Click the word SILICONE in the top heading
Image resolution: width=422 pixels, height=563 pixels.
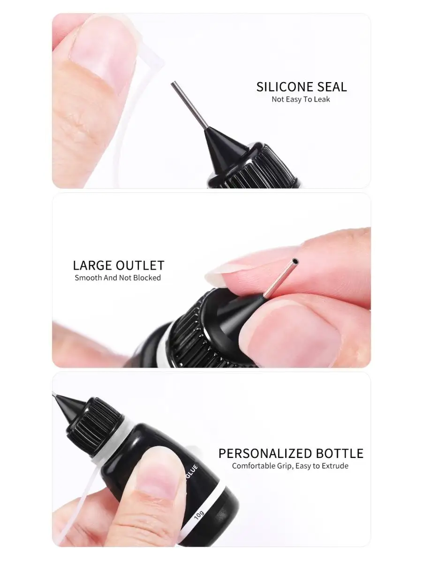click(x=285, y=87)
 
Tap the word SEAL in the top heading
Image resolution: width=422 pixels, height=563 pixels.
click(x=332, y=87)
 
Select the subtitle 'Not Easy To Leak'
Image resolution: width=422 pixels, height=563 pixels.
click(x=301, y=99)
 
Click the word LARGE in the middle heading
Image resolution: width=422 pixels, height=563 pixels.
click(x=92, y=265)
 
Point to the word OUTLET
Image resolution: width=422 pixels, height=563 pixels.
click(x=140, y=265)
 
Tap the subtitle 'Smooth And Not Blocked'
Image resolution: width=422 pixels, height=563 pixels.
click(x=118, y=278)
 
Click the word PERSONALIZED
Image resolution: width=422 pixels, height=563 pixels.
click(x=265, y=453)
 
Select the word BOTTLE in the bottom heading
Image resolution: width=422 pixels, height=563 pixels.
click(x=340, y=453)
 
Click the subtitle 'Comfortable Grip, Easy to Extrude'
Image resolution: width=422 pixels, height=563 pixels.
click(x=290, y=466)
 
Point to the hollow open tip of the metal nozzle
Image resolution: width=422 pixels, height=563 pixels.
click(x=296, y=261)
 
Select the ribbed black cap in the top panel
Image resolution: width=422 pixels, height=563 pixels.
click(x=261, y=167)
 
